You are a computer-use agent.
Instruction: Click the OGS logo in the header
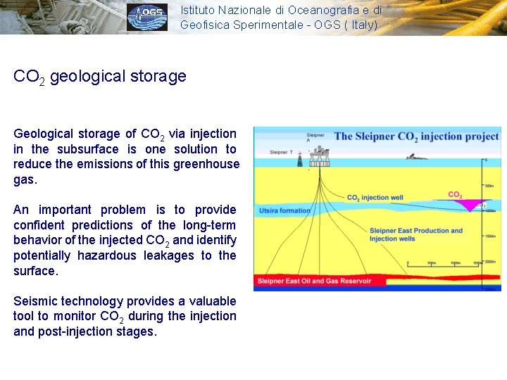[147, 18]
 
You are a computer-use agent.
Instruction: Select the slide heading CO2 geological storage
[100, 76]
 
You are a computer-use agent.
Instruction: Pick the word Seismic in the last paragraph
[35, 301]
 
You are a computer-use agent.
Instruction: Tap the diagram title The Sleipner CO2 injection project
[416, 137]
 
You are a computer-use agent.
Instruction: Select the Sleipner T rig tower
[300, 159]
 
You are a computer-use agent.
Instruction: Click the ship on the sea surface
[416, 156]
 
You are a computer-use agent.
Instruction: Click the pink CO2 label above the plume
[455, 194]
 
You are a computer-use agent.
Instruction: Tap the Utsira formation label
[284, 210]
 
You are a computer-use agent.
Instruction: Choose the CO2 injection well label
[375, 198]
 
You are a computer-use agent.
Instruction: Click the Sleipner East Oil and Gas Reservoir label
[320, 281]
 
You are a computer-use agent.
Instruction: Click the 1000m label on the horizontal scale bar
[455, 263]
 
